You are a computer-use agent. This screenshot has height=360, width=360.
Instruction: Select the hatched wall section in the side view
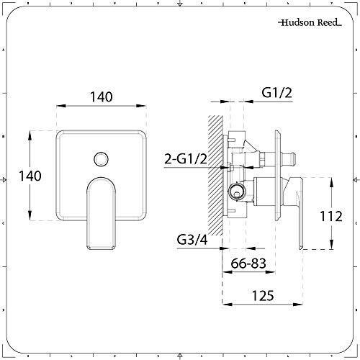(x=214, y=173)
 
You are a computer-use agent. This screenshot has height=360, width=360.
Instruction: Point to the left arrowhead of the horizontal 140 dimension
(x=58, y=107)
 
